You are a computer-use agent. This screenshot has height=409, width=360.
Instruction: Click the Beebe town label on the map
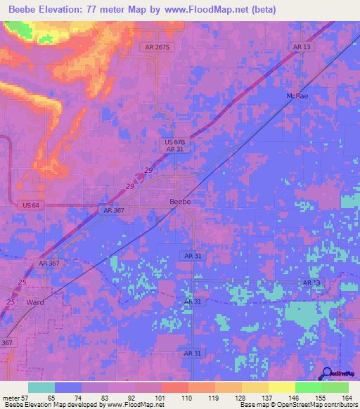181,201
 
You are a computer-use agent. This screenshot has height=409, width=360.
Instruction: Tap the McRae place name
297,95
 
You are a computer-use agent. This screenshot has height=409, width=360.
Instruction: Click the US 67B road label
174,142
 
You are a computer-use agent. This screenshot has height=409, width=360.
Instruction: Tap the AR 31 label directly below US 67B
174,150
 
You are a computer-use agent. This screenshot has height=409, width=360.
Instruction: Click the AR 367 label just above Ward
49,263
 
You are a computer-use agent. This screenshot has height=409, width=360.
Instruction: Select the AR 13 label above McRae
301,47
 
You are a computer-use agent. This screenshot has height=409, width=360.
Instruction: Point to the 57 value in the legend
28,397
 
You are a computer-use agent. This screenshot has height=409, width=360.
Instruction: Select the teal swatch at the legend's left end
41,387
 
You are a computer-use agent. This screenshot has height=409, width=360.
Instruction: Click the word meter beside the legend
11,397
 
